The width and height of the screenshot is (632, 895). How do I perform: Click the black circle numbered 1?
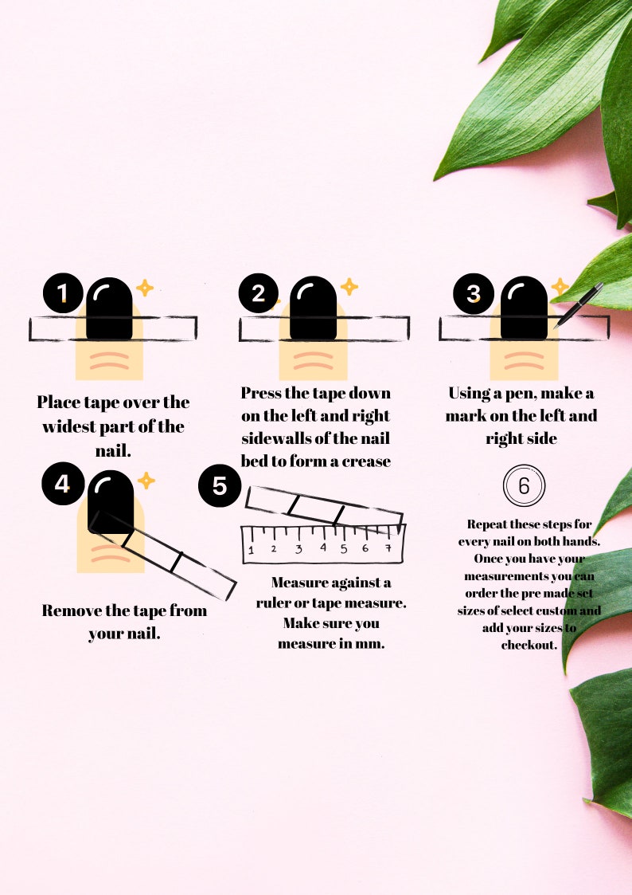[63, 292]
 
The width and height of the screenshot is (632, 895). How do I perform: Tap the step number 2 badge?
[258, 292]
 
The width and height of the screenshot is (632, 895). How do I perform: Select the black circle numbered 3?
[473, 293]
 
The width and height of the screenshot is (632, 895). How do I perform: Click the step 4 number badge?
[63, 484]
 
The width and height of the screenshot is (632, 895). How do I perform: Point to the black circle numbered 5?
[220, 486]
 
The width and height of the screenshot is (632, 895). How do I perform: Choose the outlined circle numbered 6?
[524, 485]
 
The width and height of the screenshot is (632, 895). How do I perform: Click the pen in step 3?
[578, 305]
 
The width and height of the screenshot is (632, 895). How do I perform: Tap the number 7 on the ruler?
[388, 548]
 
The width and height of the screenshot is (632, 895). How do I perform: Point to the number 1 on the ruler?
[251, 550]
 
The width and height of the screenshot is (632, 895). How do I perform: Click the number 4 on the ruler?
[322, 548]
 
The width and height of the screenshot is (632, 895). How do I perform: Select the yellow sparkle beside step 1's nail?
[144, 288]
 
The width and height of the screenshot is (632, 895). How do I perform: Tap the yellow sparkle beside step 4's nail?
[146, 481]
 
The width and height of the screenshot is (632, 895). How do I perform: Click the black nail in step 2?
[313, 308]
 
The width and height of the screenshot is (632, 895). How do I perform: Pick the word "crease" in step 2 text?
[366, 461]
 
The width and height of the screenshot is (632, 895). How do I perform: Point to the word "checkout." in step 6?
[529, 645]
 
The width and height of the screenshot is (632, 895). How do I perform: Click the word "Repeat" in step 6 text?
[487, 524]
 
